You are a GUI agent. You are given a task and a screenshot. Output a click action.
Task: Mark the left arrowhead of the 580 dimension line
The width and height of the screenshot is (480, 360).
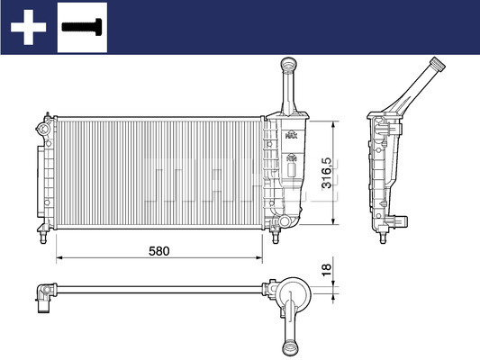pos(59,259)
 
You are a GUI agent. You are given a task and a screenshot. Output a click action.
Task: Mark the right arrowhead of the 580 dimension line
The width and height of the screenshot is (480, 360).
pos(260,259)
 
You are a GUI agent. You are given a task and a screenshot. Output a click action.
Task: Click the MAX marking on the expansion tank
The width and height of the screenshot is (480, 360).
pos(290,136)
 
